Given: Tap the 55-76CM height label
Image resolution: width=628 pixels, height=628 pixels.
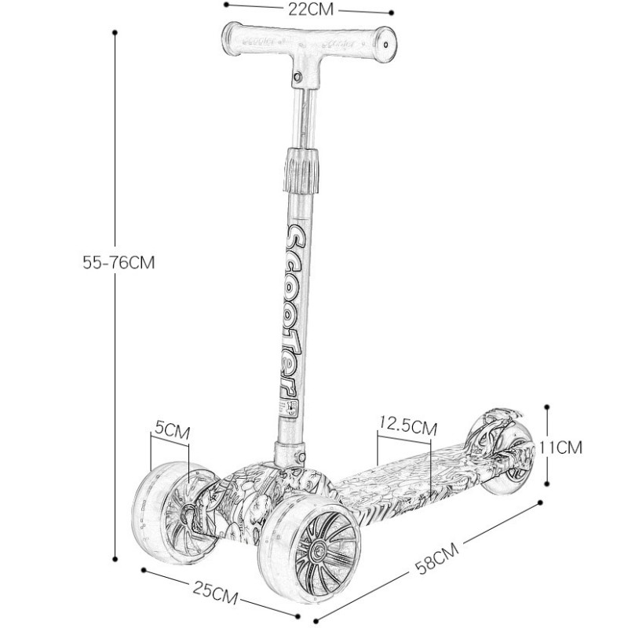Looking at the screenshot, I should [119, 263].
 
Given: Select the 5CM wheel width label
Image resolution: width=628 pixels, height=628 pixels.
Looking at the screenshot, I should [172, 430].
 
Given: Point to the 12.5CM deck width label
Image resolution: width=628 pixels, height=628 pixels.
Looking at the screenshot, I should [407, 427].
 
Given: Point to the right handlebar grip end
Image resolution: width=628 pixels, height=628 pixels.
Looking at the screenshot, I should [384, 42].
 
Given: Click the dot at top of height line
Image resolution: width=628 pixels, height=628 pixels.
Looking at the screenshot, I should [115, 33].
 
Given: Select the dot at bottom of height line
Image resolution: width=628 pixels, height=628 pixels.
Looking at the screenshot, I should [115, 559].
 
